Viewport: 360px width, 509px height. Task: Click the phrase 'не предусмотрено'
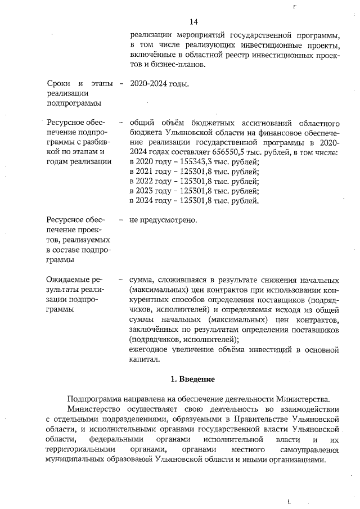[164, 219]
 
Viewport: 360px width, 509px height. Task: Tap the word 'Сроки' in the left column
[59, 84]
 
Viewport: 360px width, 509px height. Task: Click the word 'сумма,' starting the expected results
[141, 280]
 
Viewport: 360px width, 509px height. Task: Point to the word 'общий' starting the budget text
[142, 123]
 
